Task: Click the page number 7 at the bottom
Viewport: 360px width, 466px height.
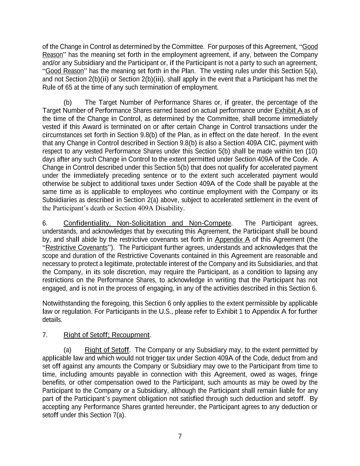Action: pyautogui.click(x=180, y=436)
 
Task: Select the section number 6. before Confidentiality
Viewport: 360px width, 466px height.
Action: pyautogui.click(x=45, y=223)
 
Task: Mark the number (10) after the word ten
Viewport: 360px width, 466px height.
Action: pyautogui.click(x=311, y=151)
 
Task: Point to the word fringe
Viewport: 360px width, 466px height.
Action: pyautogui.click(x=309, y=374)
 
